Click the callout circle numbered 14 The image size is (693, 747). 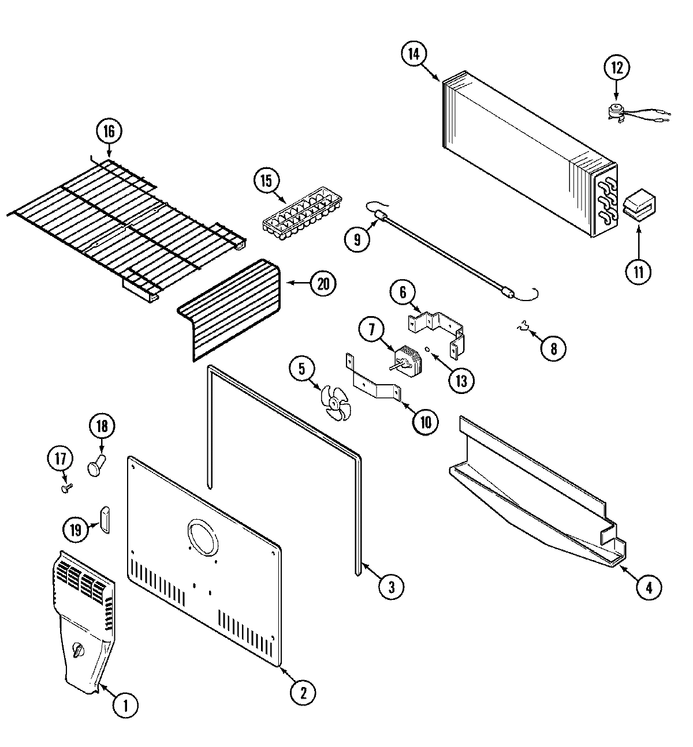click(413, 54)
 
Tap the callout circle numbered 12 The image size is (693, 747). click(616, 67)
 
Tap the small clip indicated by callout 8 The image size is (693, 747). click(523, 328)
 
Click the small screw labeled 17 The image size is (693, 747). click(66, 488)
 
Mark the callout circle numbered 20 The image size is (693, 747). click(323, 283)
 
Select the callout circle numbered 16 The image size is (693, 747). click(109, 132)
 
